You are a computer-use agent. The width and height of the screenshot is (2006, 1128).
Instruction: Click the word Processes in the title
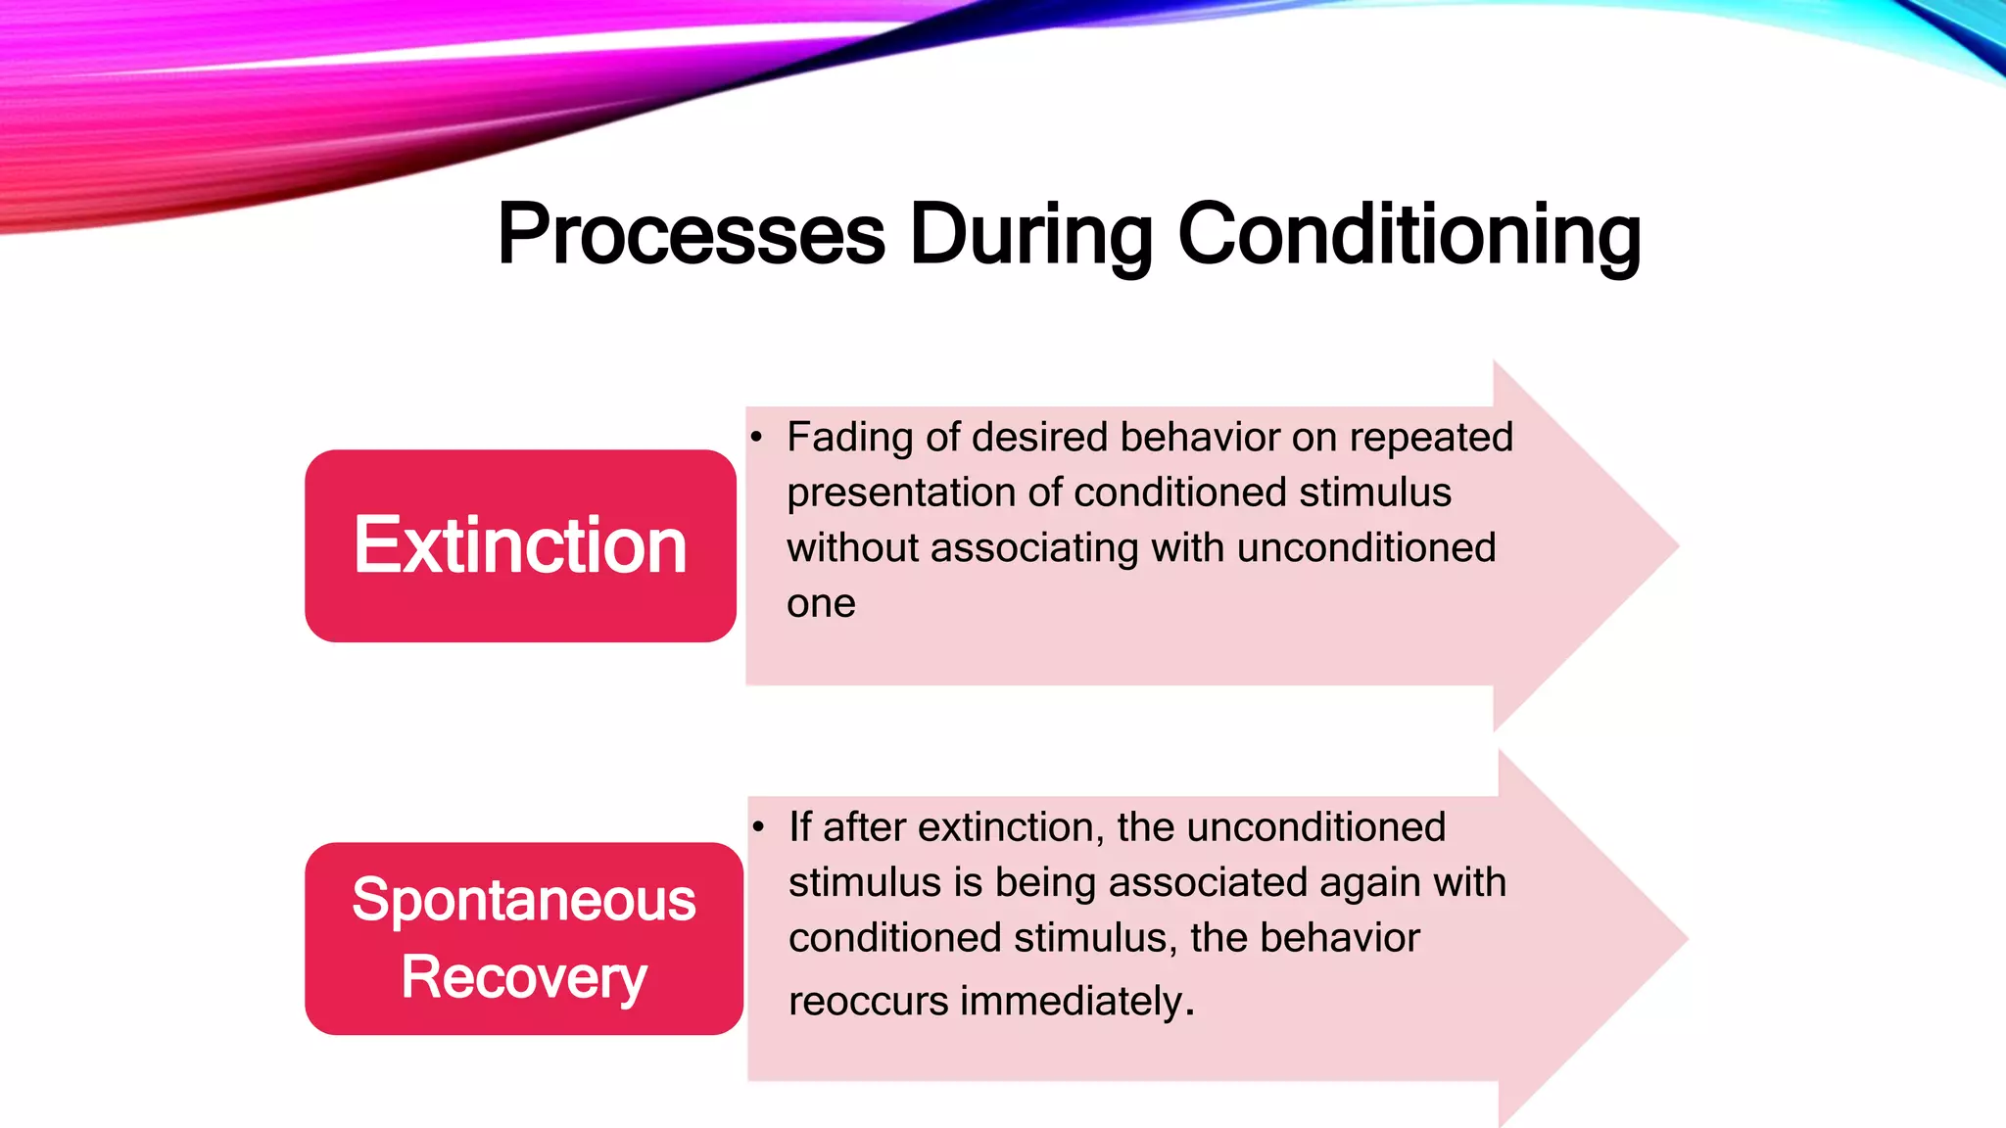(691, 235)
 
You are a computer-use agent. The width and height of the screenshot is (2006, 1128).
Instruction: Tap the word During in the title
(1030, 235)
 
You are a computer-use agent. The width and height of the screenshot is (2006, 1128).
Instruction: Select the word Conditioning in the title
(1409, 235)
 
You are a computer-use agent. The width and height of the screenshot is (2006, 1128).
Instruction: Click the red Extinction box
(520, 545)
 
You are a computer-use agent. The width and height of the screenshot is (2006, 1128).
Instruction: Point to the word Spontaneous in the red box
(524, 900)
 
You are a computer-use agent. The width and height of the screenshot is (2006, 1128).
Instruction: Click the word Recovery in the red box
(524, 977)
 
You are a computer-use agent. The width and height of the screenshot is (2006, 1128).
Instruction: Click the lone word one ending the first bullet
(821, 604)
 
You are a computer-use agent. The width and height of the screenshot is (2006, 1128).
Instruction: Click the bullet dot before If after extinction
(758, 826)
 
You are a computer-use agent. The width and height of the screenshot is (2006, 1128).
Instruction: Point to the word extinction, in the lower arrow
(1011, 827)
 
